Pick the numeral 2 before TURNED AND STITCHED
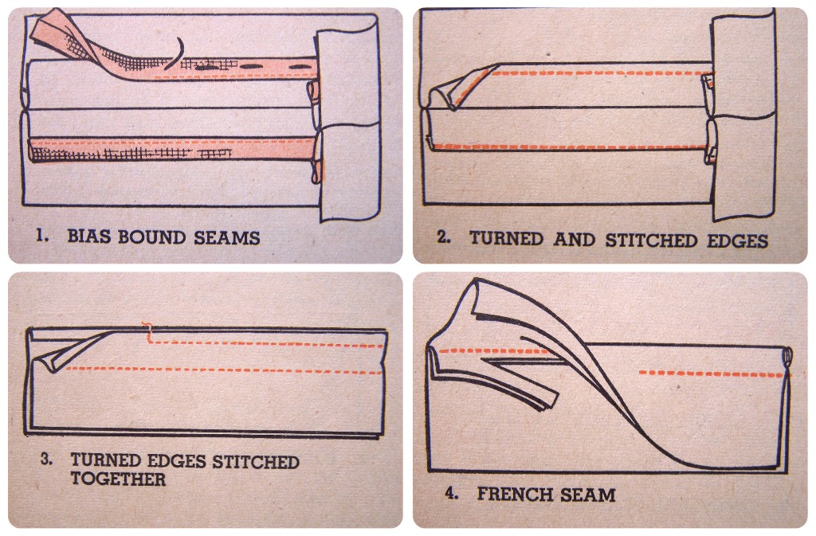pos(443,237)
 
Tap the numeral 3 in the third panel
pos(45,460)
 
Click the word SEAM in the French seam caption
pos(586,494)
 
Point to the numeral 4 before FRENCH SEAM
pos(452,493)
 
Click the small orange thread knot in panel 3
pos(147,327)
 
